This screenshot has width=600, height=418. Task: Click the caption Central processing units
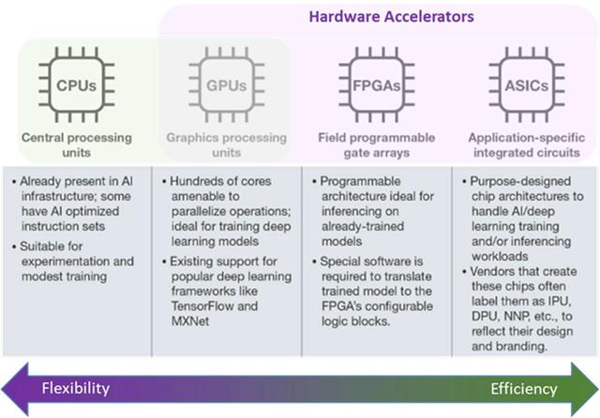point(78,144)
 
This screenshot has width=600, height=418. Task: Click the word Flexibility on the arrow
point(74,387)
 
